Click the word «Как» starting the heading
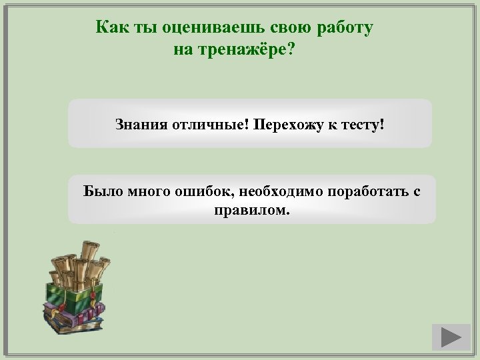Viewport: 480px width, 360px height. [x=109, y=28]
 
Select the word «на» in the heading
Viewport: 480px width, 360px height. [x=182, y=50]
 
